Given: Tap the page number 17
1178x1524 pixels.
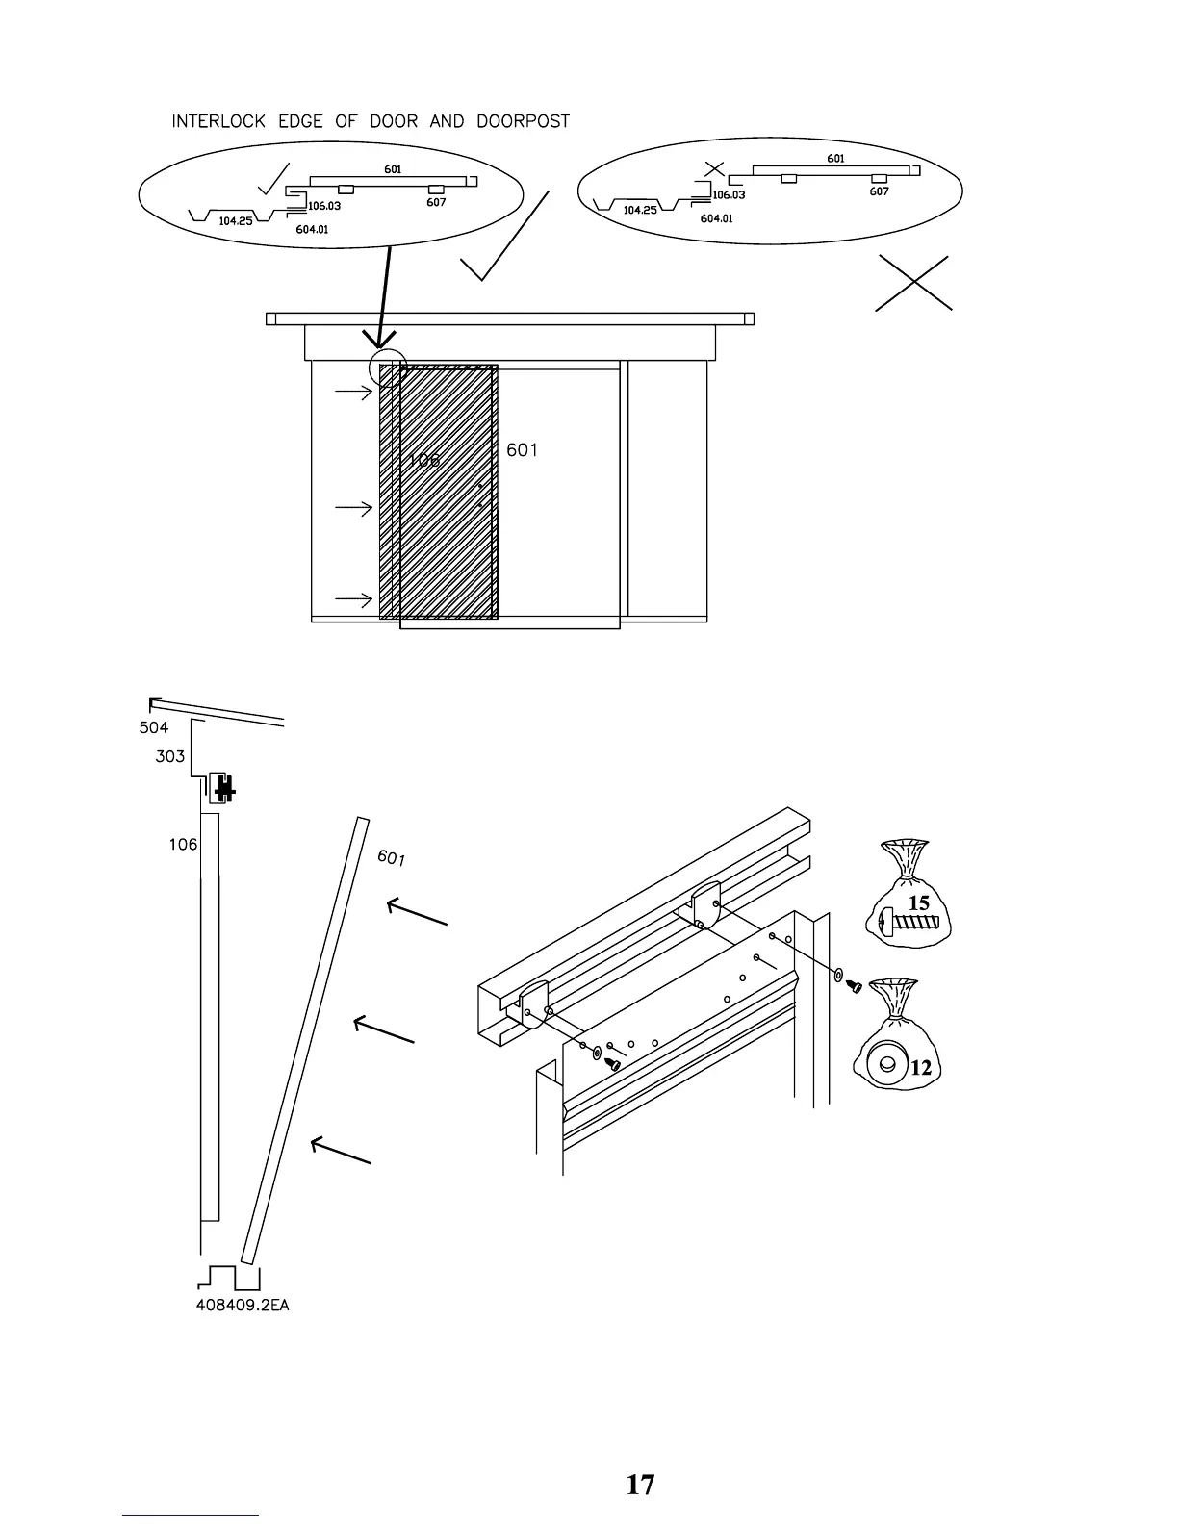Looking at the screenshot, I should click(x=640, y=1485).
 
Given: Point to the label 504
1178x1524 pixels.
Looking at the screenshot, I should click(x=154, y=727).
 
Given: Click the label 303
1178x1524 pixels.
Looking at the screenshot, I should click(x=169, y=756).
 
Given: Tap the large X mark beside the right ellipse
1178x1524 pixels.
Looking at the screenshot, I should click(x=913, y=283).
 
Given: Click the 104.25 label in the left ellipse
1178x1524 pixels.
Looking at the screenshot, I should click(x=235, y=221).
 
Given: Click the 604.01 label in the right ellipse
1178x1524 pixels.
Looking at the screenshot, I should click(x=716, y=218).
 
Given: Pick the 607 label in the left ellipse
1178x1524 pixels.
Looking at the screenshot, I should click(x=436, y=203).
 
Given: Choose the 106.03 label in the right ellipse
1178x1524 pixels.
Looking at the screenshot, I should click(x=729, y=195).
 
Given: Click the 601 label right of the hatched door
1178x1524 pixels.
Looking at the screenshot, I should click(x=522, y=450).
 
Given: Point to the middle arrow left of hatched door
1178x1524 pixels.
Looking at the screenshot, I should click(x=353, y=508).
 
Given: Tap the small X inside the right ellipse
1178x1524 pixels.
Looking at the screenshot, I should click(x=713, y=169).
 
